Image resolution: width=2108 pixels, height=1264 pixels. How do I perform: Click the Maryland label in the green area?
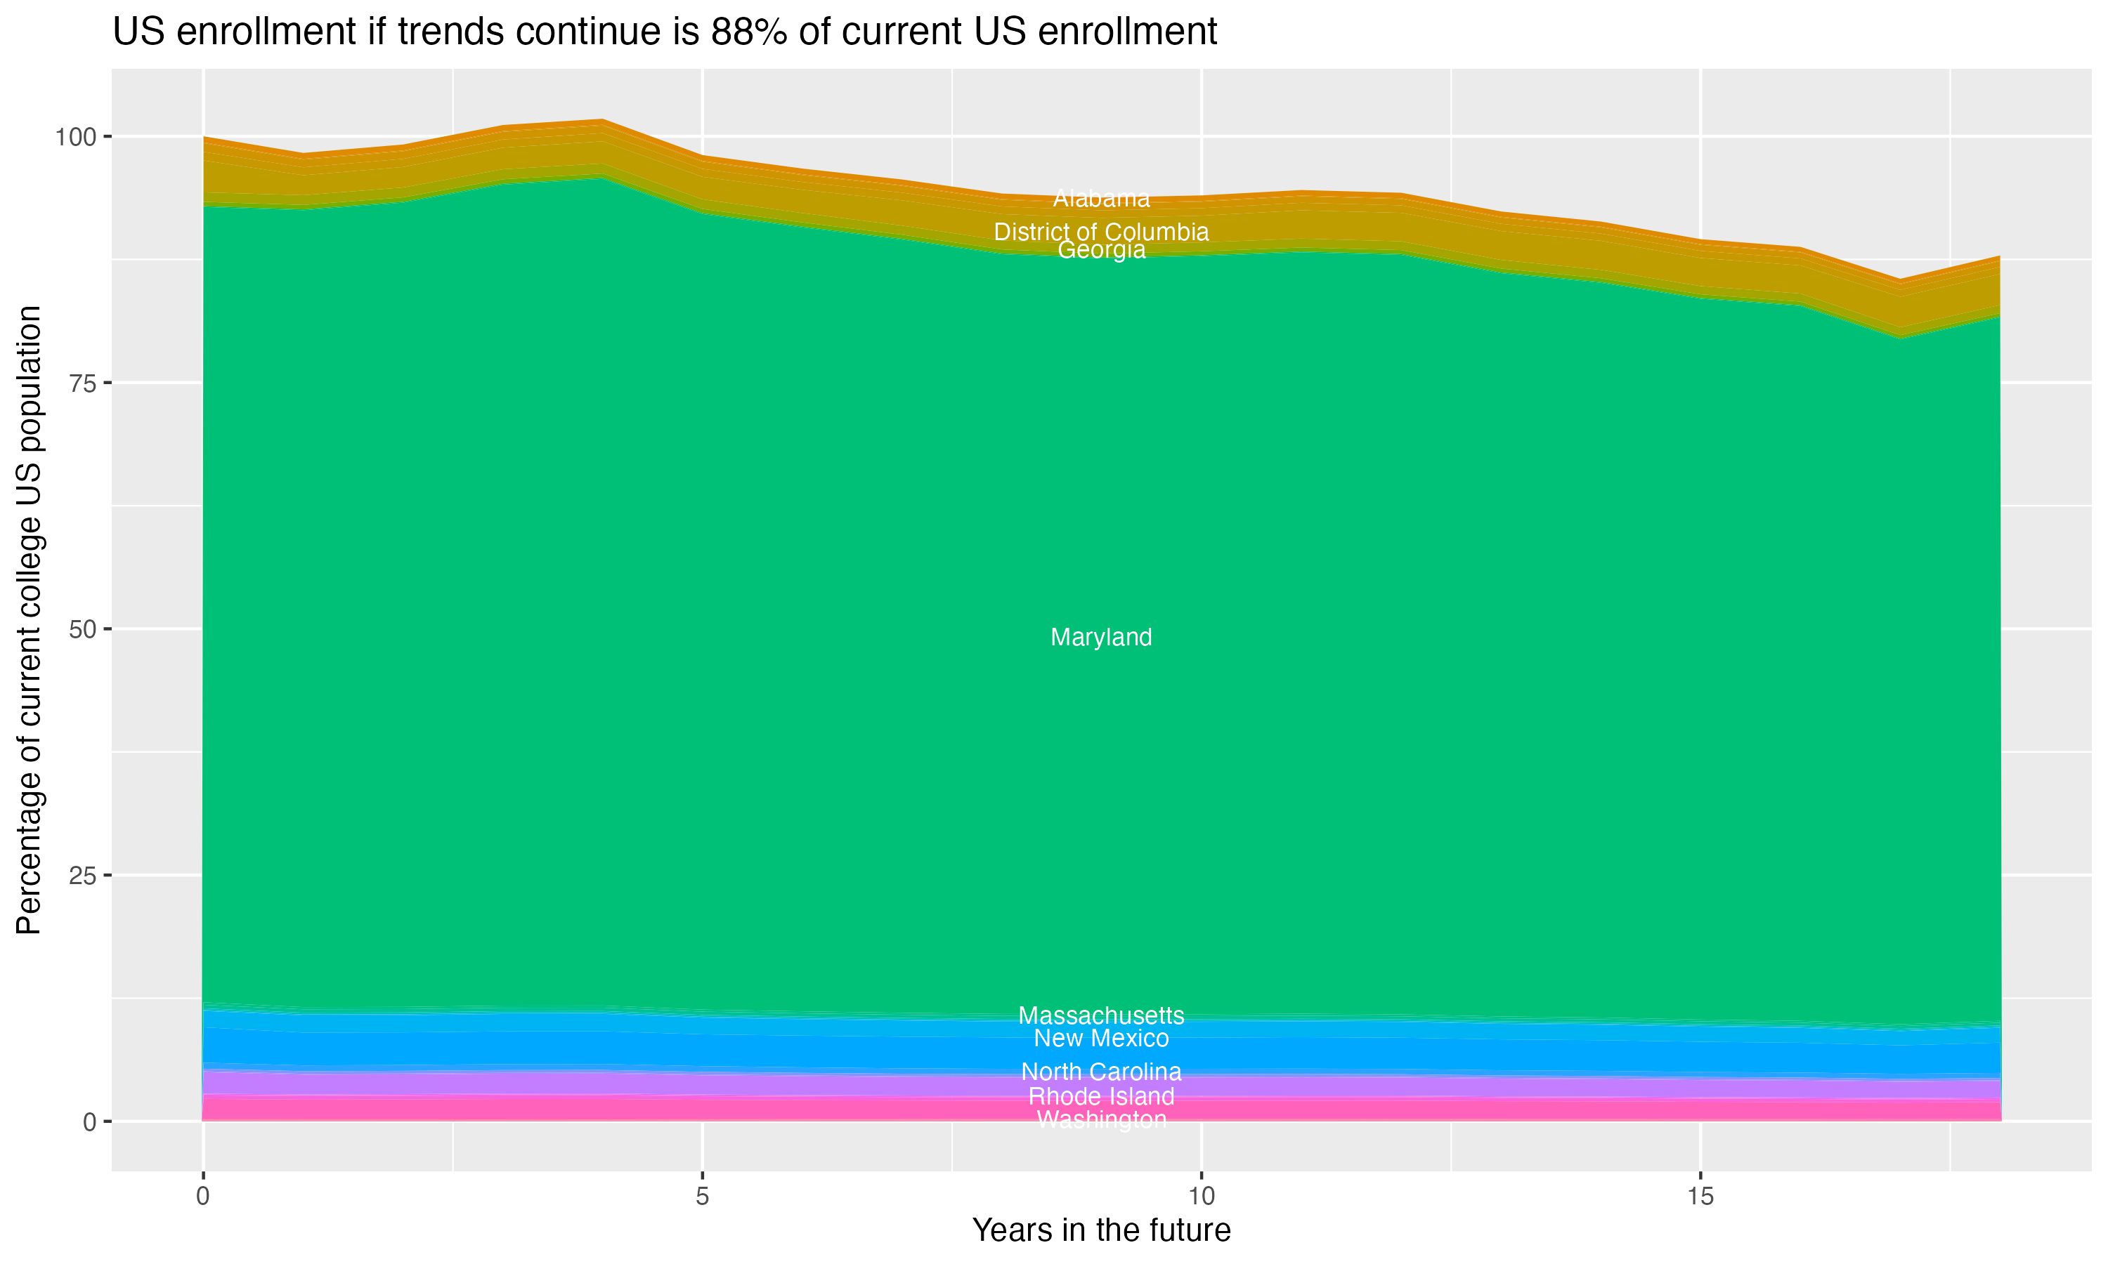(x=1101, y=637)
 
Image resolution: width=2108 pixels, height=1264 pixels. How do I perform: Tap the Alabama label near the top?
(x=1101, y=199)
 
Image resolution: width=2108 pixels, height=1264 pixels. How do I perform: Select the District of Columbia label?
(x=1101, y=232)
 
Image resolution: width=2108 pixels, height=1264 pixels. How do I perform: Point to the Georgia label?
(x=1101, y=251)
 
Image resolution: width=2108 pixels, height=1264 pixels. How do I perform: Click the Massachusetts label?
(x=1101, y=1015)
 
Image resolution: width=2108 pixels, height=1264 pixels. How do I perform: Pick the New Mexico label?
(x=1101, y=1039)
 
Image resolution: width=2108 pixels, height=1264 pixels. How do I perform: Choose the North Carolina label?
(x=1101, y=1072)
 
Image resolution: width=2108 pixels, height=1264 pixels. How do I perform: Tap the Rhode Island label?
(x=1101, y=1096)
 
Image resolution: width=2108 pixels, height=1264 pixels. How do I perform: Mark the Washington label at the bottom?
(x=1101, y=1119)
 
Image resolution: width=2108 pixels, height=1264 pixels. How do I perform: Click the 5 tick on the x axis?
(x=702, y=1197)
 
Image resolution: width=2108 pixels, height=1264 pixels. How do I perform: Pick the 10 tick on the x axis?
(x=1201, y=1197)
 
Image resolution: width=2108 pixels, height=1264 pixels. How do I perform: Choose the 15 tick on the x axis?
(x=1700, y=1197)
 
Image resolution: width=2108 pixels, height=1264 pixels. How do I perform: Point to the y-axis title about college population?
(x=29, y=619)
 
